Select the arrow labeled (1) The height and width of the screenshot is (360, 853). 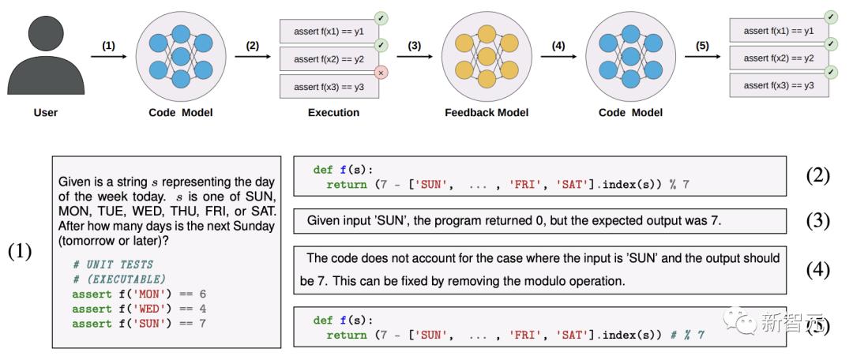(x=109, y=56)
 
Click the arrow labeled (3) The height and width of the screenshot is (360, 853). (x=415, y=56)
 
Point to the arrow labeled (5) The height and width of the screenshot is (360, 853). (x=702, y=56)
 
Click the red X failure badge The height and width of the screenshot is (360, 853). (x=380, y=73)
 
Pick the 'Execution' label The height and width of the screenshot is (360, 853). (x=333, y=113)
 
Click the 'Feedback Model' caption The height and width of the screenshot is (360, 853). (x=487, y=113)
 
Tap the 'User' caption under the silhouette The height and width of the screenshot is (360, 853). (x=46, y=113)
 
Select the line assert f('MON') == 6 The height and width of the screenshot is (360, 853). (x=139, y=294)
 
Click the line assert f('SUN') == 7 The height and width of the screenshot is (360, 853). (x=139, y=324)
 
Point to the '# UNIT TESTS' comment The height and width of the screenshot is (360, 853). (x=113, y=264)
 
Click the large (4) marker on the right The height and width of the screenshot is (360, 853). (x=817, y=270)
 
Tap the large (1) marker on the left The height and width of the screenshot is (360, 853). (x=20, y=251)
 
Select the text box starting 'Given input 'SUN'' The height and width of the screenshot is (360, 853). (x=539, y=221)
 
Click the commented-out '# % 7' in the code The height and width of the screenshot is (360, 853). (x=686, y=335)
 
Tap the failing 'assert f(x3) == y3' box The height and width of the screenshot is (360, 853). (x=329, y=87)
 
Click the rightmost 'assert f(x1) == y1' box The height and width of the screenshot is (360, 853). (x=779, y=31)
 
